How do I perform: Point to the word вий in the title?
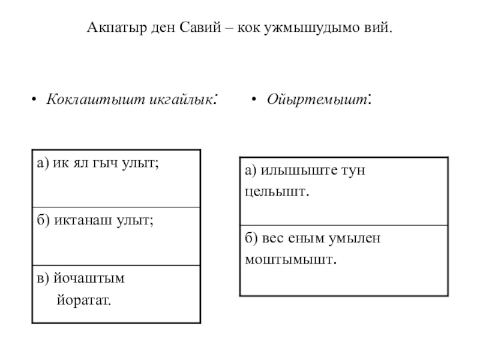pos(377,28)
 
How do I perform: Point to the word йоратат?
pos(84,298)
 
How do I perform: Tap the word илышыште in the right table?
pos(291,170)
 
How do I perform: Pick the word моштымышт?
pos(290,259)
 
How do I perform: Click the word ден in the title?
pos(158,28)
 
